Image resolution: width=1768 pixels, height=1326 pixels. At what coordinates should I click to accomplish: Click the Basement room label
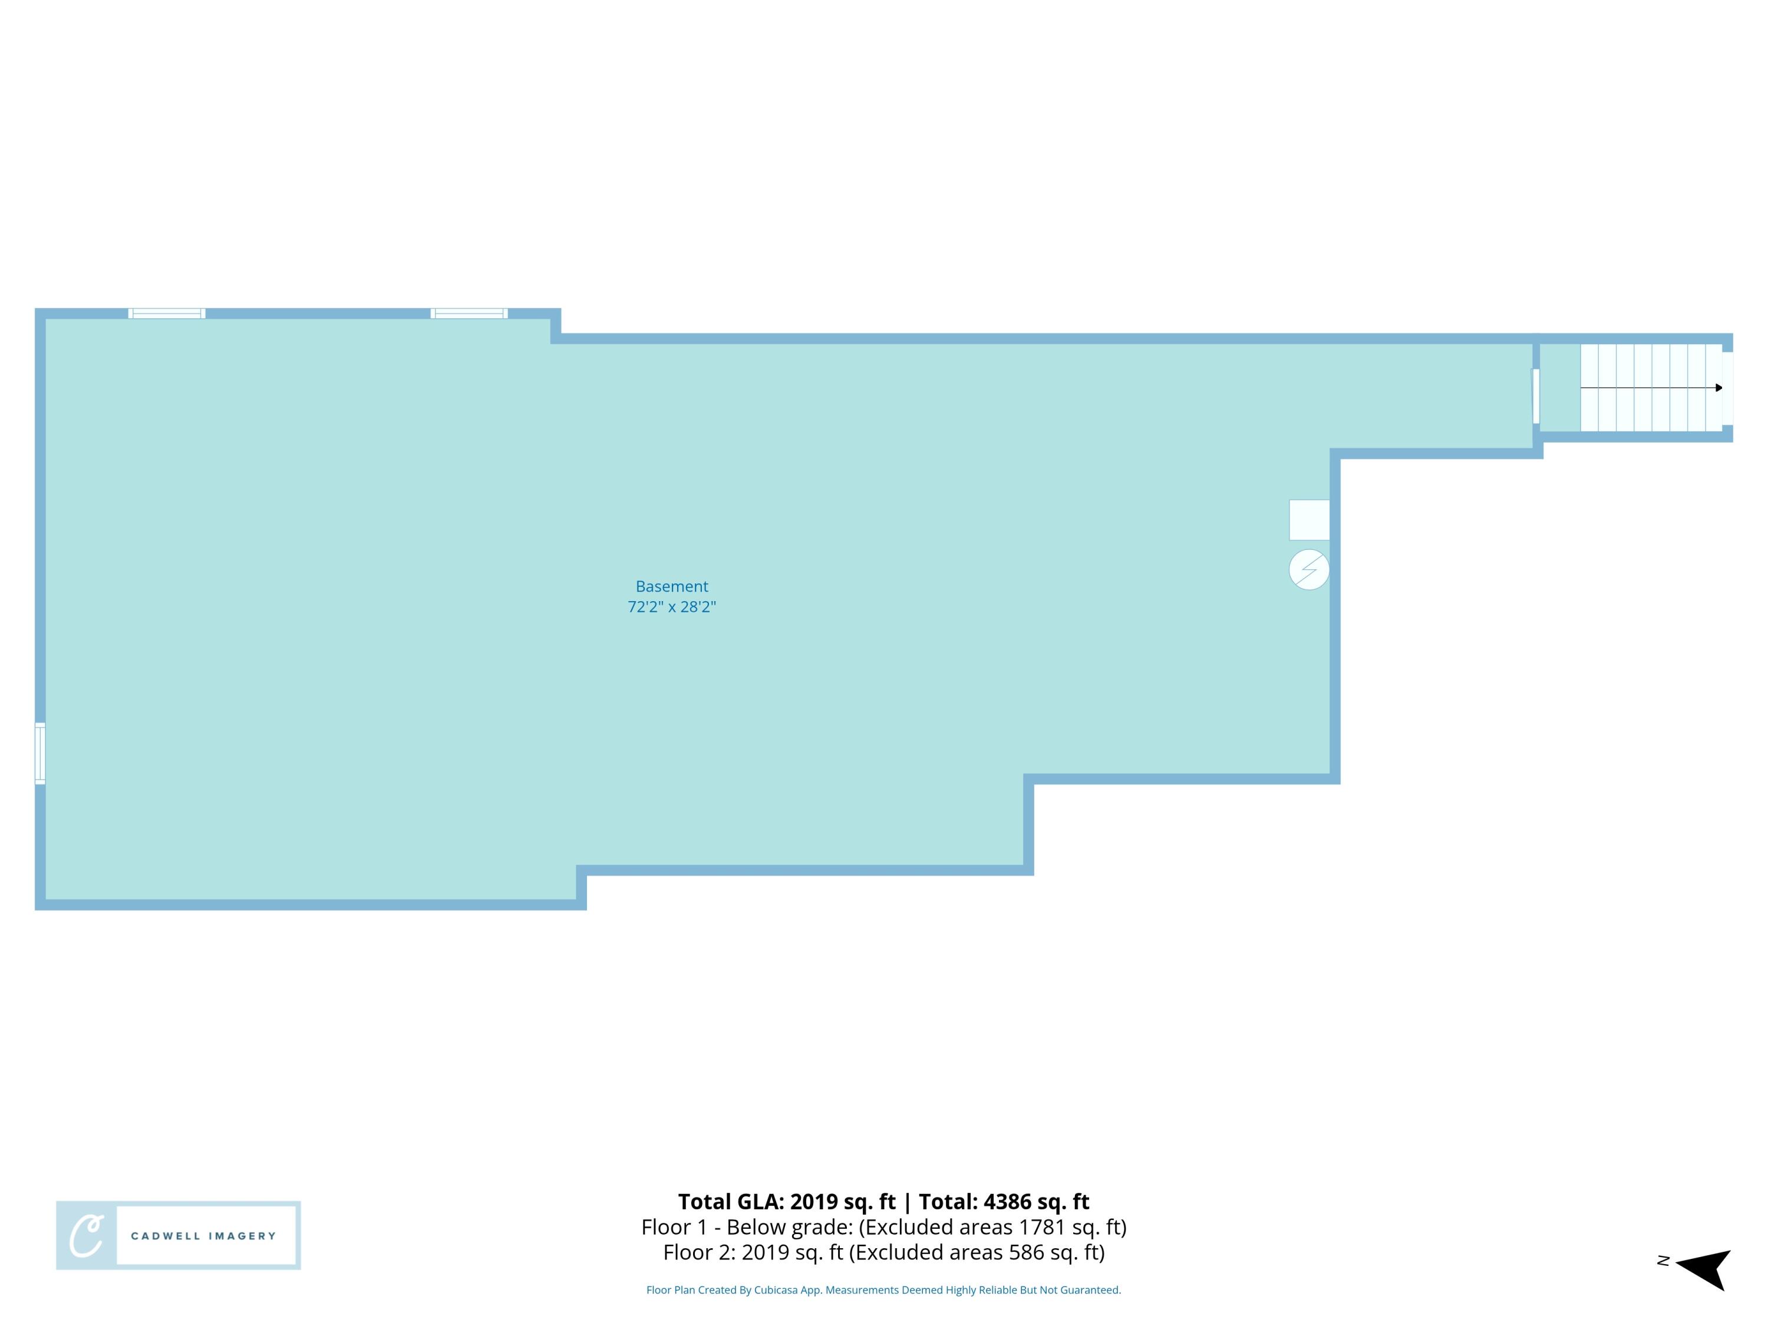click(x=671, y=586)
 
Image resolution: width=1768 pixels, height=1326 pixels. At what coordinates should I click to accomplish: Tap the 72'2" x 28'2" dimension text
click(x=671, y=606)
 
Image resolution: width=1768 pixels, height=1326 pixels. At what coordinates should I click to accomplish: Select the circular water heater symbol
click(x=1308, y=570)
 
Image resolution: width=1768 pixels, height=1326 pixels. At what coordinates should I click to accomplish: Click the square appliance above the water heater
click(x=1308, y=520)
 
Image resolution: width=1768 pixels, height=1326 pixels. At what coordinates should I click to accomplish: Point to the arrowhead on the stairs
click(x=1718, y=388)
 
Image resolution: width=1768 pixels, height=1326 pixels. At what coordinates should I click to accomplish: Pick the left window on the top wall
click(x=167, y=314)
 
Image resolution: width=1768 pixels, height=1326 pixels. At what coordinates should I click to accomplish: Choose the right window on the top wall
click(x=469, y=314)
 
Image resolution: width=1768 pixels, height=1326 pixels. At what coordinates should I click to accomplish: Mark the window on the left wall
click(x=40, y=754)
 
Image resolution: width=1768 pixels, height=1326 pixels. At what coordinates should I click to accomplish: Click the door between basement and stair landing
click(x=1535, y=397)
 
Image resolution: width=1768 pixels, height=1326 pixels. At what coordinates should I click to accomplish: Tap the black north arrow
click(x=1707, y=1269)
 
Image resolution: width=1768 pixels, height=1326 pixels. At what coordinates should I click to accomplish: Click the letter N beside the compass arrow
click(x=1663, y=1261)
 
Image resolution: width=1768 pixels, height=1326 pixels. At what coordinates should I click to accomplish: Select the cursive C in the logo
click(x=86, y=1236)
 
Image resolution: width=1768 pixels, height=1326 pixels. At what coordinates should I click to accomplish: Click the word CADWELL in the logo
click(x=166, y=1236)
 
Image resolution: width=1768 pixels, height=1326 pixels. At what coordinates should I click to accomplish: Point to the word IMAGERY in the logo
click(x=242, y=1236)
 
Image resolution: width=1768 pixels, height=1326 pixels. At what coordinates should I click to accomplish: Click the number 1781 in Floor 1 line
click(x=1043, y=1227)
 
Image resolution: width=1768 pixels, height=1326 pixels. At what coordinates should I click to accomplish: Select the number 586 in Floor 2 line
click(x=1025, y=1252)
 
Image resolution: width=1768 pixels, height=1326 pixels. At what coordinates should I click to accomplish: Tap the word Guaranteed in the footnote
click(x=1093, y=1290)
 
